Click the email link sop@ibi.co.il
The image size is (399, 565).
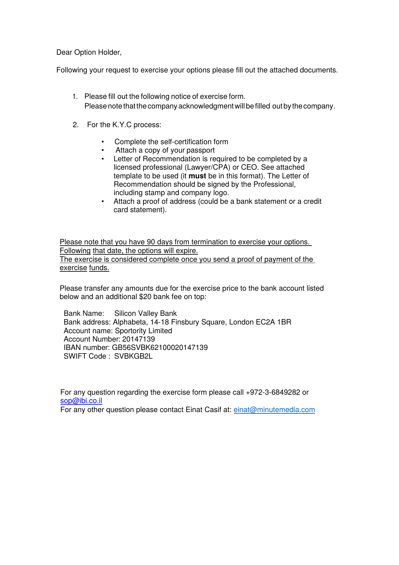coord(81,401)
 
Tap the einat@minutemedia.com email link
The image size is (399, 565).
coord(274,410)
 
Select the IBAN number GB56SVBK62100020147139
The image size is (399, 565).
coord(159,348)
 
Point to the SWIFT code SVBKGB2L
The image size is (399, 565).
coord(133,356)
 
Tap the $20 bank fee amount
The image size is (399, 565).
coord(145,297)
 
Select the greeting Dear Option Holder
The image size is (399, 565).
coord(89,52)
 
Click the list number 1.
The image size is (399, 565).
coord(75,97)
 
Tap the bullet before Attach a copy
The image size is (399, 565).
coord(103,150)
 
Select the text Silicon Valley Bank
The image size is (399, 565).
coord(145,314)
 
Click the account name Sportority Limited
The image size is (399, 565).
coord(143,331)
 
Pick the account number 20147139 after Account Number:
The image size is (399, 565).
coord(138,339)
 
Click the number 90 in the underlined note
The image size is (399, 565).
coord(151,242)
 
